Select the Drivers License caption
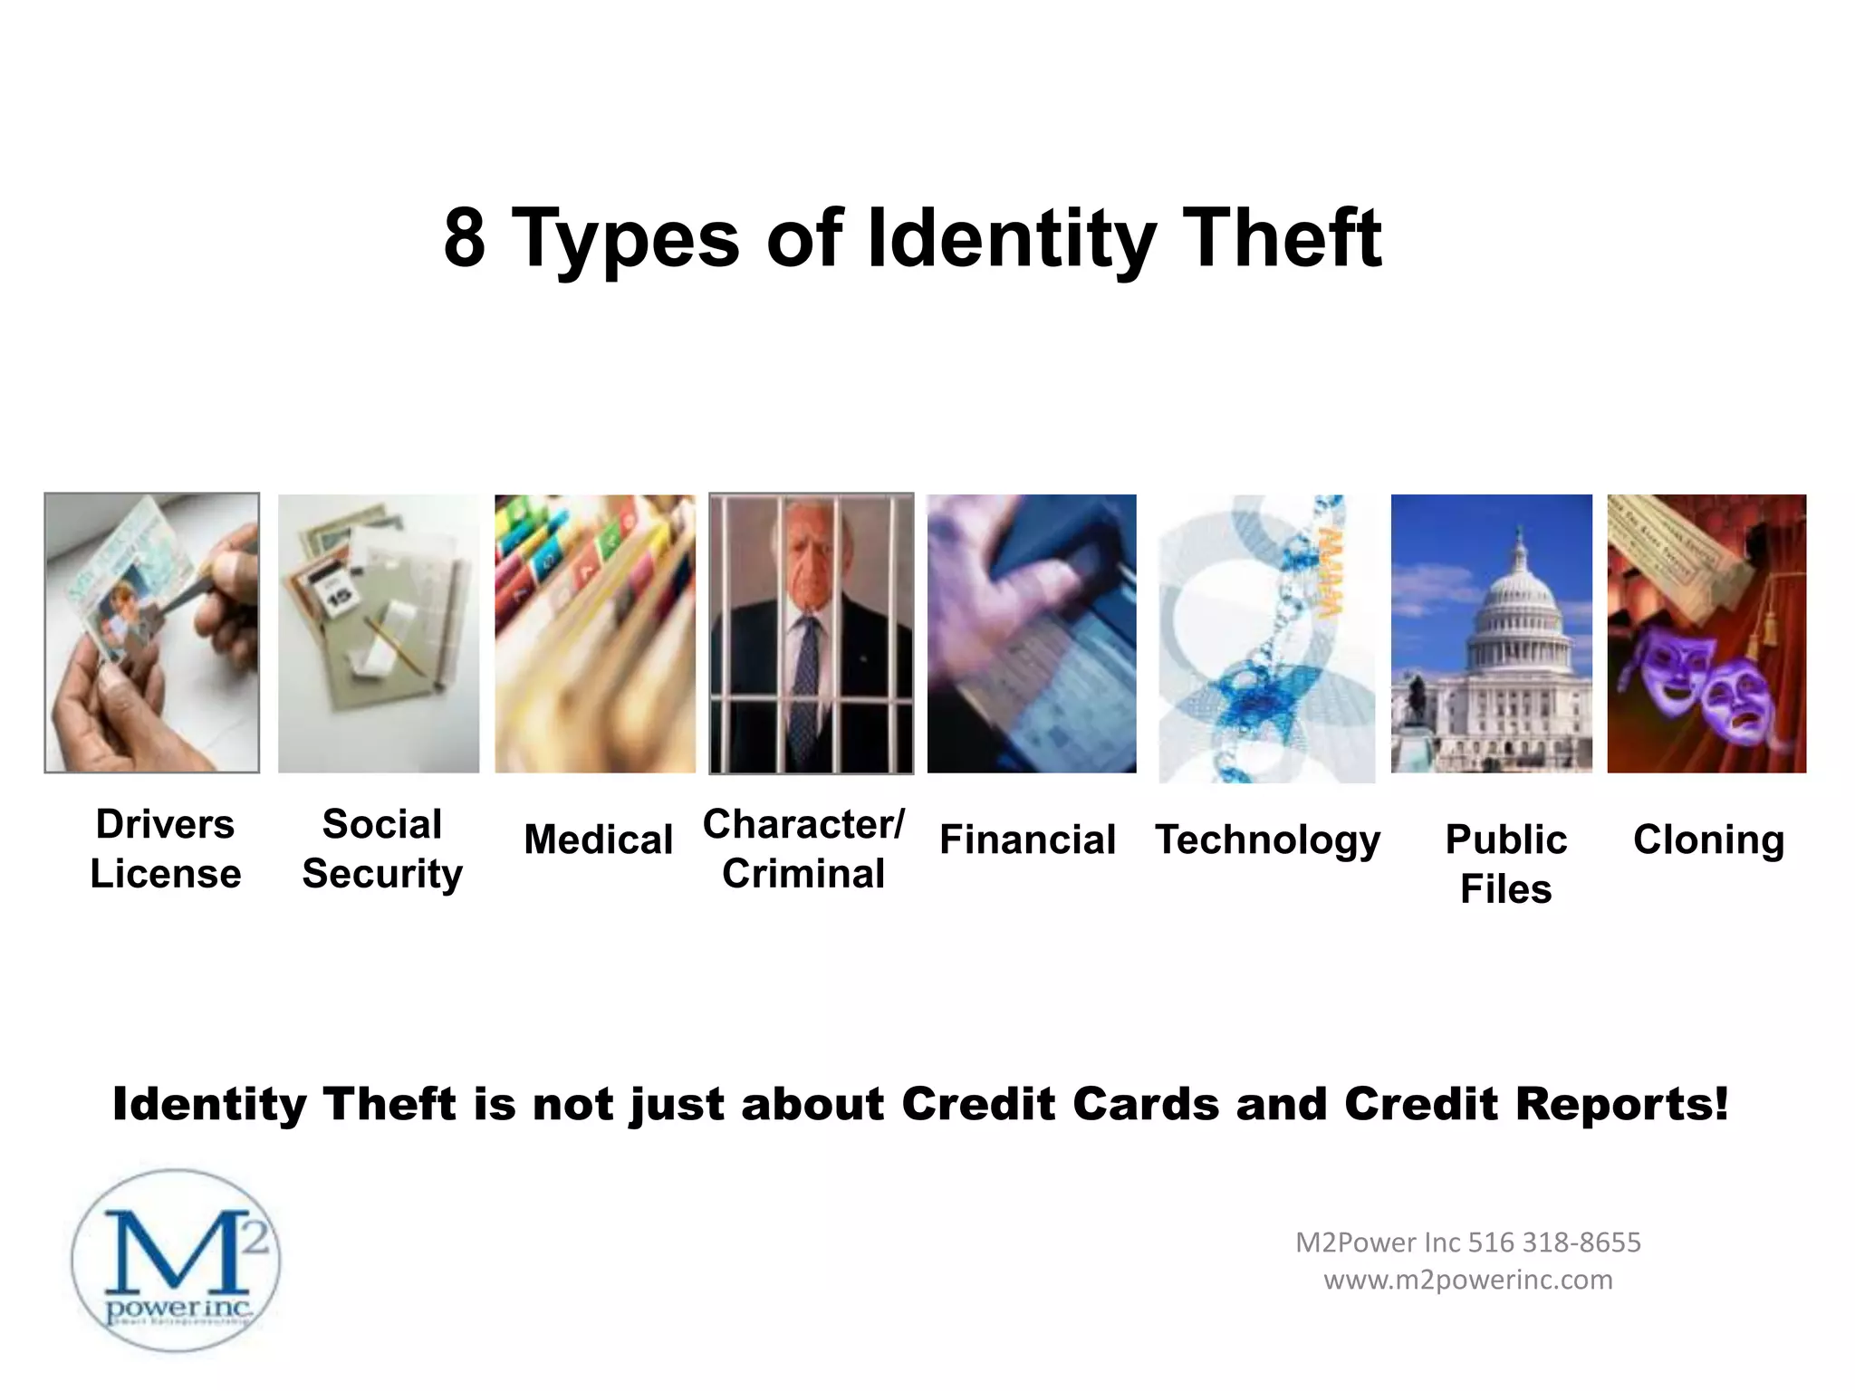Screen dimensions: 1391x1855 pyautogui.click(x=165, y=849)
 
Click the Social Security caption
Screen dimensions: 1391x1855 pyautogui.click(x=381, y=849)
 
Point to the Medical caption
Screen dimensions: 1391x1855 pyautogui.click(x=598, y=839)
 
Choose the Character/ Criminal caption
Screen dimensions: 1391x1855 pyautogui.click(x=803, y=849)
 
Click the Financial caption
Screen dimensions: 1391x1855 pyautogui.click(x=1027, y=839)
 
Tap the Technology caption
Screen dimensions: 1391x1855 pyautogui.click(x=1267, y=839)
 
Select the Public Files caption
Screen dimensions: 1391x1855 pyautogui.click(x=1505, y=864)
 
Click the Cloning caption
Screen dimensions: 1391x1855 pyautogui.click(x=1708, y=839)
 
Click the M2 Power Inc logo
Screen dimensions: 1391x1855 pyautogui.click(x=176, y=1261)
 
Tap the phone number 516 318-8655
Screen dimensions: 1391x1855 pyautogui.click(x=1553, y=1242)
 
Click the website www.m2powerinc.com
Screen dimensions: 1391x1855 pyautogui.click(x=1468, y=1280)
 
